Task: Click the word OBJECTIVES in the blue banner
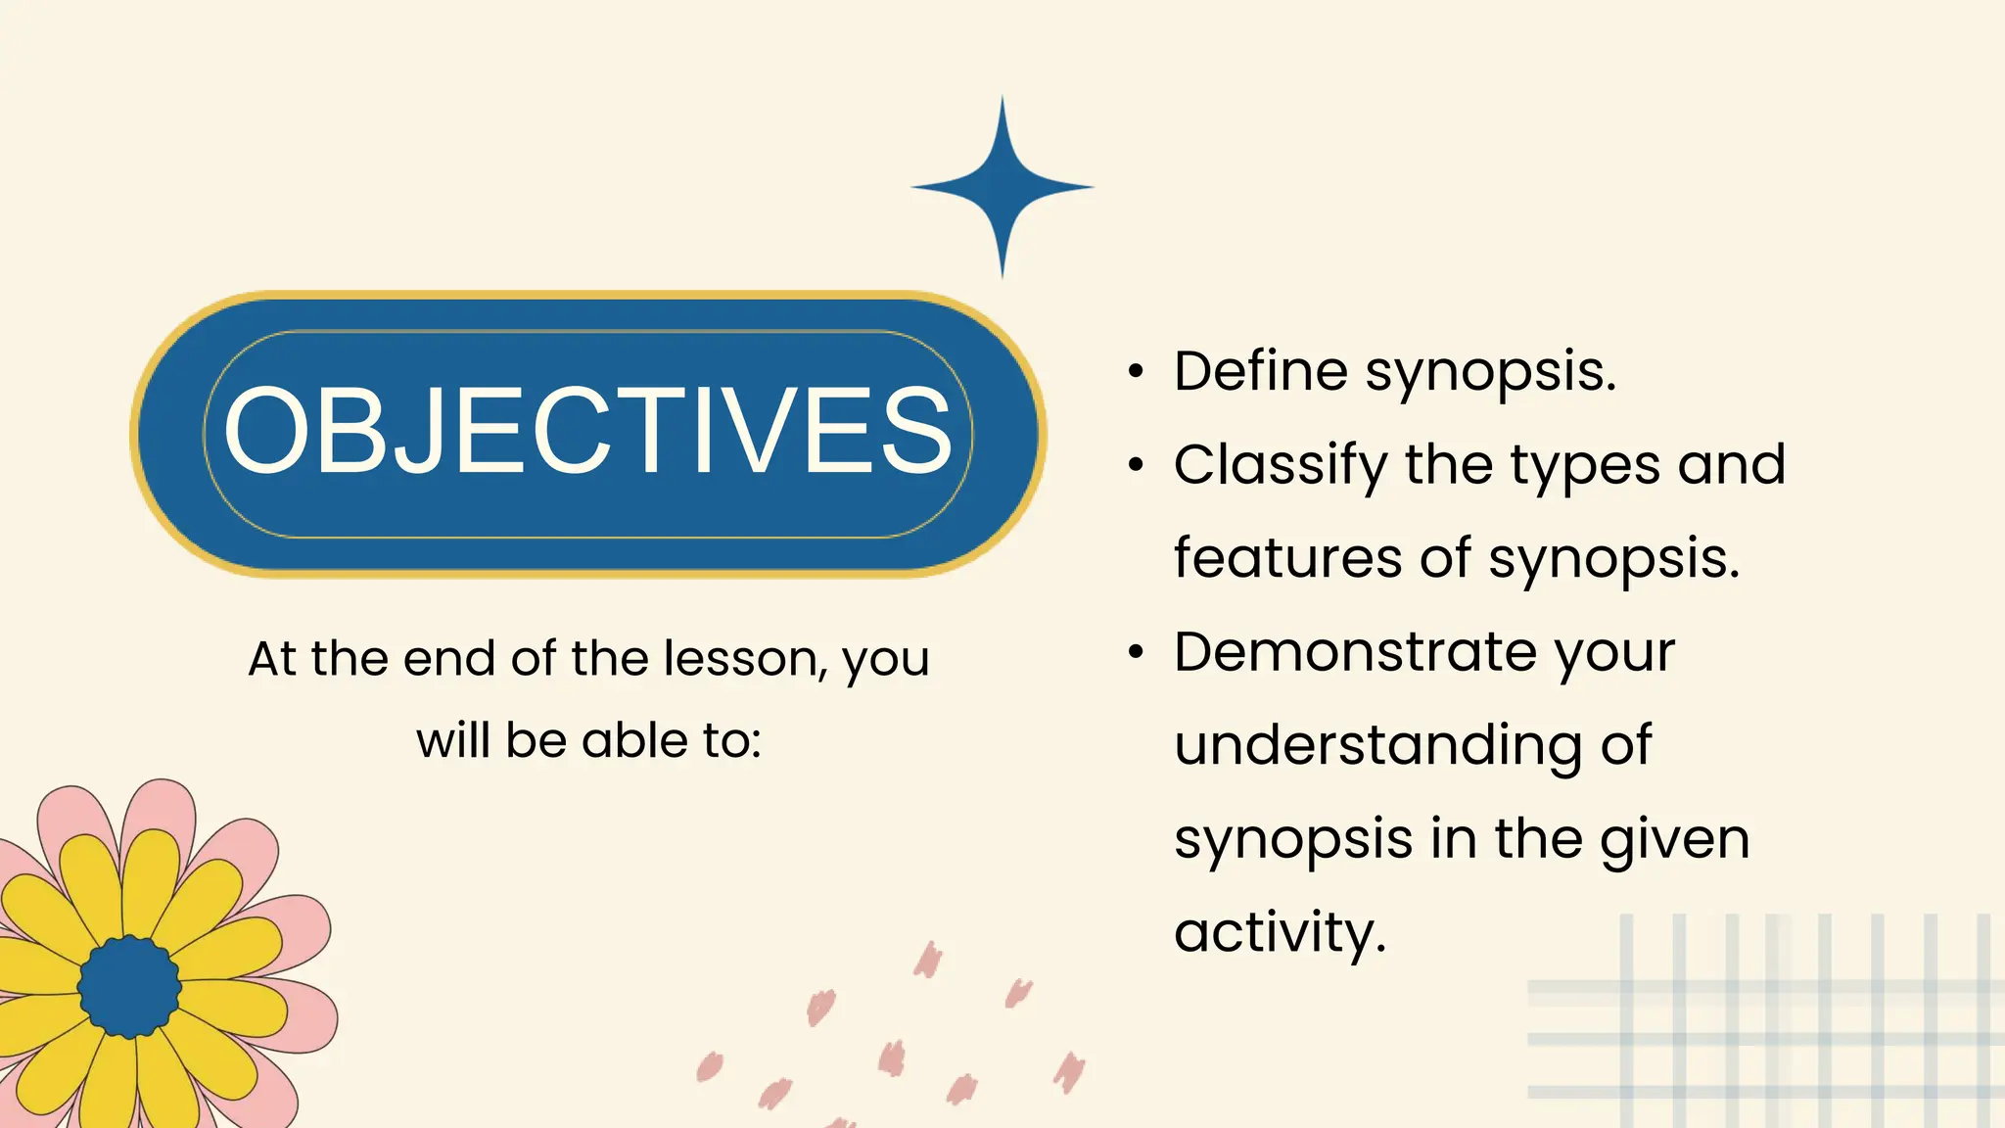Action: point(587,431)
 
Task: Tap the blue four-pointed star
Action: point(1002,186)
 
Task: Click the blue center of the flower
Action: point(129,987)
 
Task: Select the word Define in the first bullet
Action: point(1261,372)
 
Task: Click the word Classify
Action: point(1280,466)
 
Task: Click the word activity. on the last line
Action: point(1280,932)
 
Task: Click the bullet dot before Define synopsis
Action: point(1135,372)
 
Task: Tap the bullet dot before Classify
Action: point(1135,465)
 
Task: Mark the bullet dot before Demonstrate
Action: point(1135,652)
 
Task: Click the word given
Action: point(1674,840)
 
